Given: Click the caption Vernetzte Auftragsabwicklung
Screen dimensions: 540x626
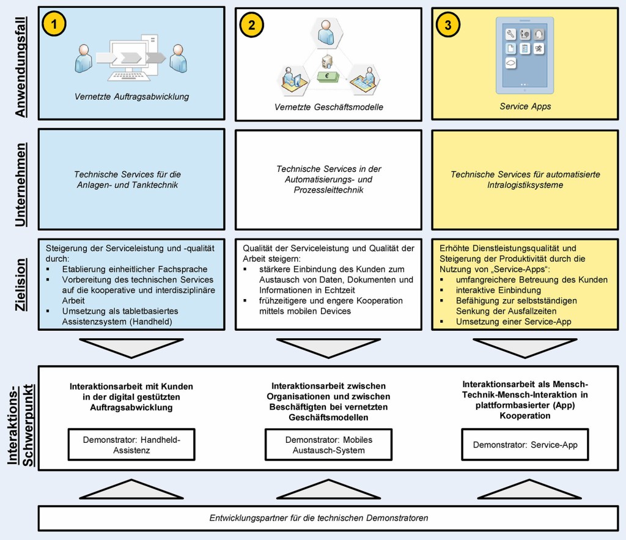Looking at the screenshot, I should point(131,96).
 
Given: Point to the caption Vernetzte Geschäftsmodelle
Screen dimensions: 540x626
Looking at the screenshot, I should point(328,106).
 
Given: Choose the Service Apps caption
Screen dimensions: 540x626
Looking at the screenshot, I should point(525,106).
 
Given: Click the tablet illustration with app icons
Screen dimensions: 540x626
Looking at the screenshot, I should point(525,54).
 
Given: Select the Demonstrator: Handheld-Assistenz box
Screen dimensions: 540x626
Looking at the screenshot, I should point(131,445).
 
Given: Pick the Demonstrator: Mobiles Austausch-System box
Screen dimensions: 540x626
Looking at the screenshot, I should point(328,445).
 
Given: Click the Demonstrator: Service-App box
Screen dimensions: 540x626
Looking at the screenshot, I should point(525,445).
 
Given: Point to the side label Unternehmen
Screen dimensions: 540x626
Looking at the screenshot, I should point(21,185).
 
